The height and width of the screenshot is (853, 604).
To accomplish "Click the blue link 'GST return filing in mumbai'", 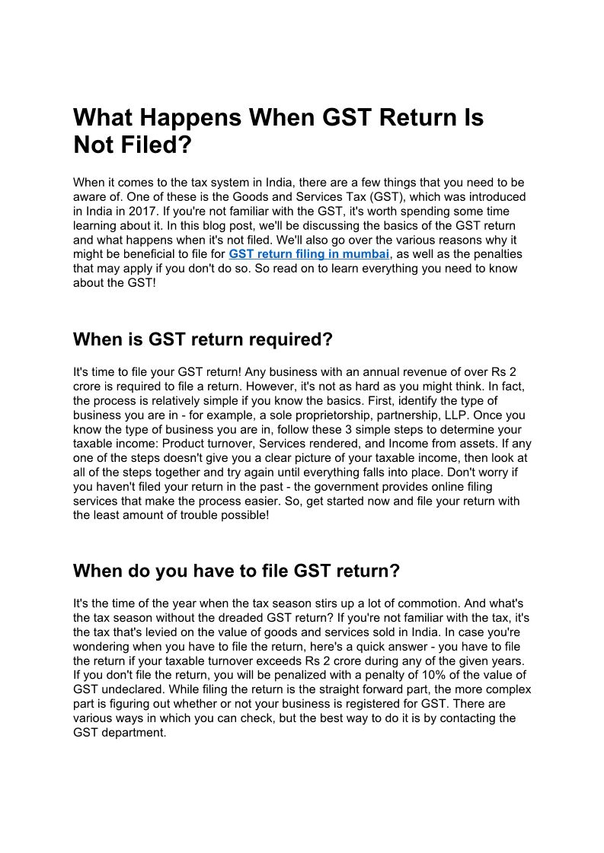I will tap(309, 253).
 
